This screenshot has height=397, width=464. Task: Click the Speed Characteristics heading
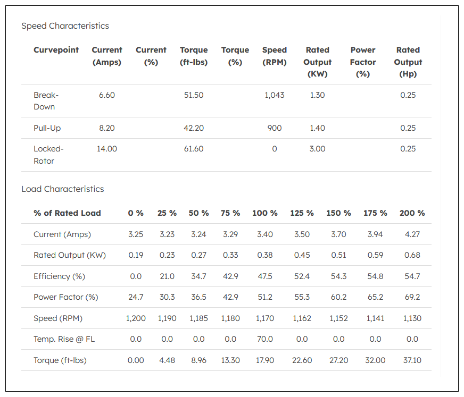click(x=65, y=26)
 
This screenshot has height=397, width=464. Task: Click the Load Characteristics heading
click(x=63, y=189)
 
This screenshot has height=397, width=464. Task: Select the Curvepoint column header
click(x=56, y=50)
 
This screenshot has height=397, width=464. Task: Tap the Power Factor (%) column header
click(x=363, y=62)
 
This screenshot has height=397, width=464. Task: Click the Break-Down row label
click(x=46, y=101)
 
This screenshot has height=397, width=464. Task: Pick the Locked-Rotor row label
click(x=48, y=155)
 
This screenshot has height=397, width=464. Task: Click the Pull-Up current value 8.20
click(x=107, y=128)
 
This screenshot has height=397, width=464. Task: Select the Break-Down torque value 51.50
click(x=194, y=95)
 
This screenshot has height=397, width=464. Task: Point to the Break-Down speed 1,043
click(x=275, y=95)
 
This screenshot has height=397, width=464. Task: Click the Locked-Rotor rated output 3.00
click(x=317, y=149)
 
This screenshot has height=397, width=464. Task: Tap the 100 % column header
click(x=265, y=213)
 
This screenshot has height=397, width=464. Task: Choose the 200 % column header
click(x=412, y=213)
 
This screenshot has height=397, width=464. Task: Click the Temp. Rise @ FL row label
click(x=64, y=339)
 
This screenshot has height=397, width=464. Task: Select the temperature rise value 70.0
click(x=265, y=339)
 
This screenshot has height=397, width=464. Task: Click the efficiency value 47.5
click(x=265, y=276)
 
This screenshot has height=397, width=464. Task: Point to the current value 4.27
click(x=412, y=234)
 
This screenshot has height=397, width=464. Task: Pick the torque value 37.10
click(x=412, y=360)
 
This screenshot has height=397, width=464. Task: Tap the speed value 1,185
click(x=198, y=318)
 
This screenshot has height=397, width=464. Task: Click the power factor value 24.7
click(x=136, y=297)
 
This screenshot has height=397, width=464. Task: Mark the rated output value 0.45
click(x=302, y=255)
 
